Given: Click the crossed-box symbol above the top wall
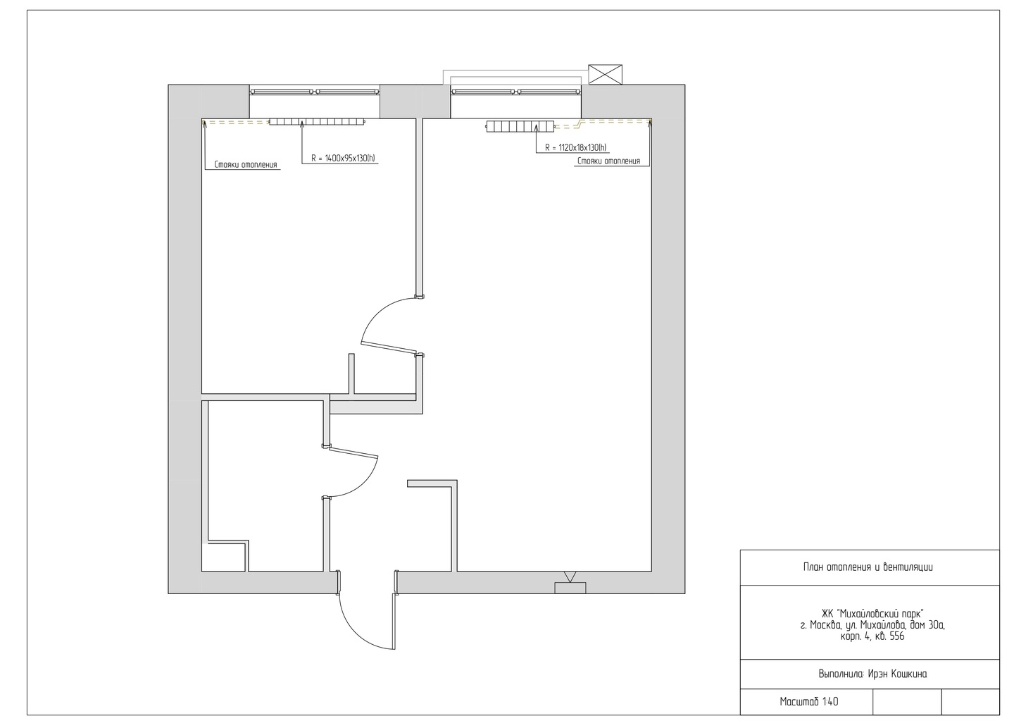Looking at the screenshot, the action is pos(605,74).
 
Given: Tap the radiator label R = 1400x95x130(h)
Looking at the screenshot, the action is pos(343,159).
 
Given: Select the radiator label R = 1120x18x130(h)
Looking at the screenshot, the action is pos(576,148).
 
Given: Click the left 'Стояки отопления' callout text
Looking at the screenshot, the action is pos(245,165).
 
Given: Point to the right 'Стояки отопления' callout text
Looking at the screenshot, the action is pos(608,161).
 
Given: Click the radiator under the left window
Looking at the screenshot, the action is pos(317,121).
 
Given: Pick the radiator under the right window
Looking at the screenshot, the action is pos(520,126).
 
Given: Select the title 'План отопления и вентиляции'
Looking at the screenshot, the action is pos(868,567).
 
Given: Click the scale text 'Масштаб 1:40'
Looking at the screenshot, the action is pos(809,702).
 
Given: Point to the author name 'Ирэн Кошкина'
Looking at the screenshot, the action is pos(897,674).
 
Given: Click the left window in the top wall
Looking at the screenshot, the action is pos(315,92).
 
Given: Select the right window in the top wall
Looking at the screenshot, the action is pos(516,92).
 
